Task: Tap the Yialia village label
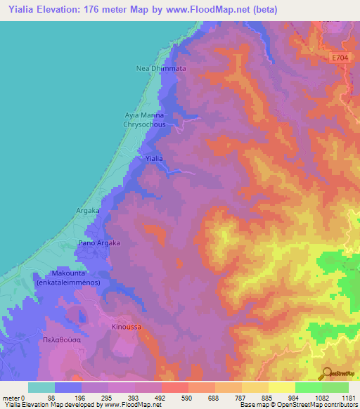154,159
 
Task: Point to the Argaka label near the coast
88,210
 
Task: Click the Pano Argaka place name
98,242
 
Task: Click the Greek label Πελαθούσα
60,339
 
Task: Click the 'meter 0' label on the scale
14,397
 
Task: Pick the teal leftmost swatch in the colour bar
41,387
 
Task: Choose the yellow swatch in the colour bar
281,387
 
